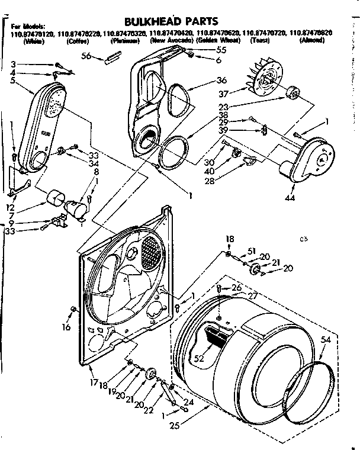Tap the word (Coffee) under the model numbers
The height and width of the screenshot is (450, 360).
tap(78, 42)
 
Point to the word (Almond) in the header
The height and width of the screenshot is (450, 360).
tap(311, 42)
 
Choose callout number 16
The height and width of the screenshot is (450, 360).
tap(66, 326)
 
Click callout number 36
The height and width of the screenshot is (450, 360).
tap(221, 81)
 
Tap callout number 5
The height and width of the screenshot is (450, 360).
tap(13, 81)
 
